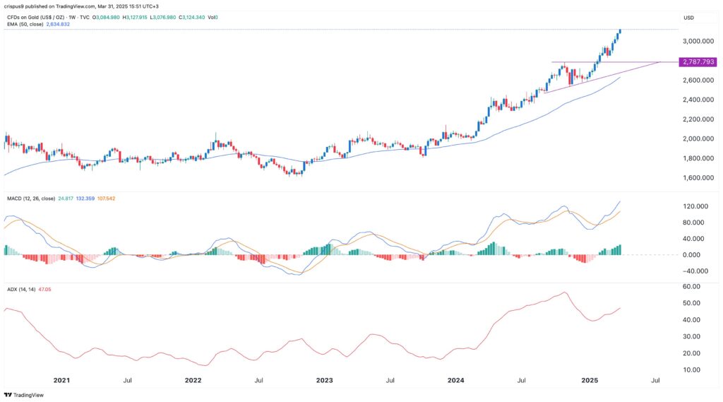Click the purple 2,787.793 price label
point(698,62)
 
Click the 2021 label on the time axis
point(62,381)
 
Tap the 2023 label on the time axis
point(324,381)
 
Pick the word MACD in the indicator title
point(16,199)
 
